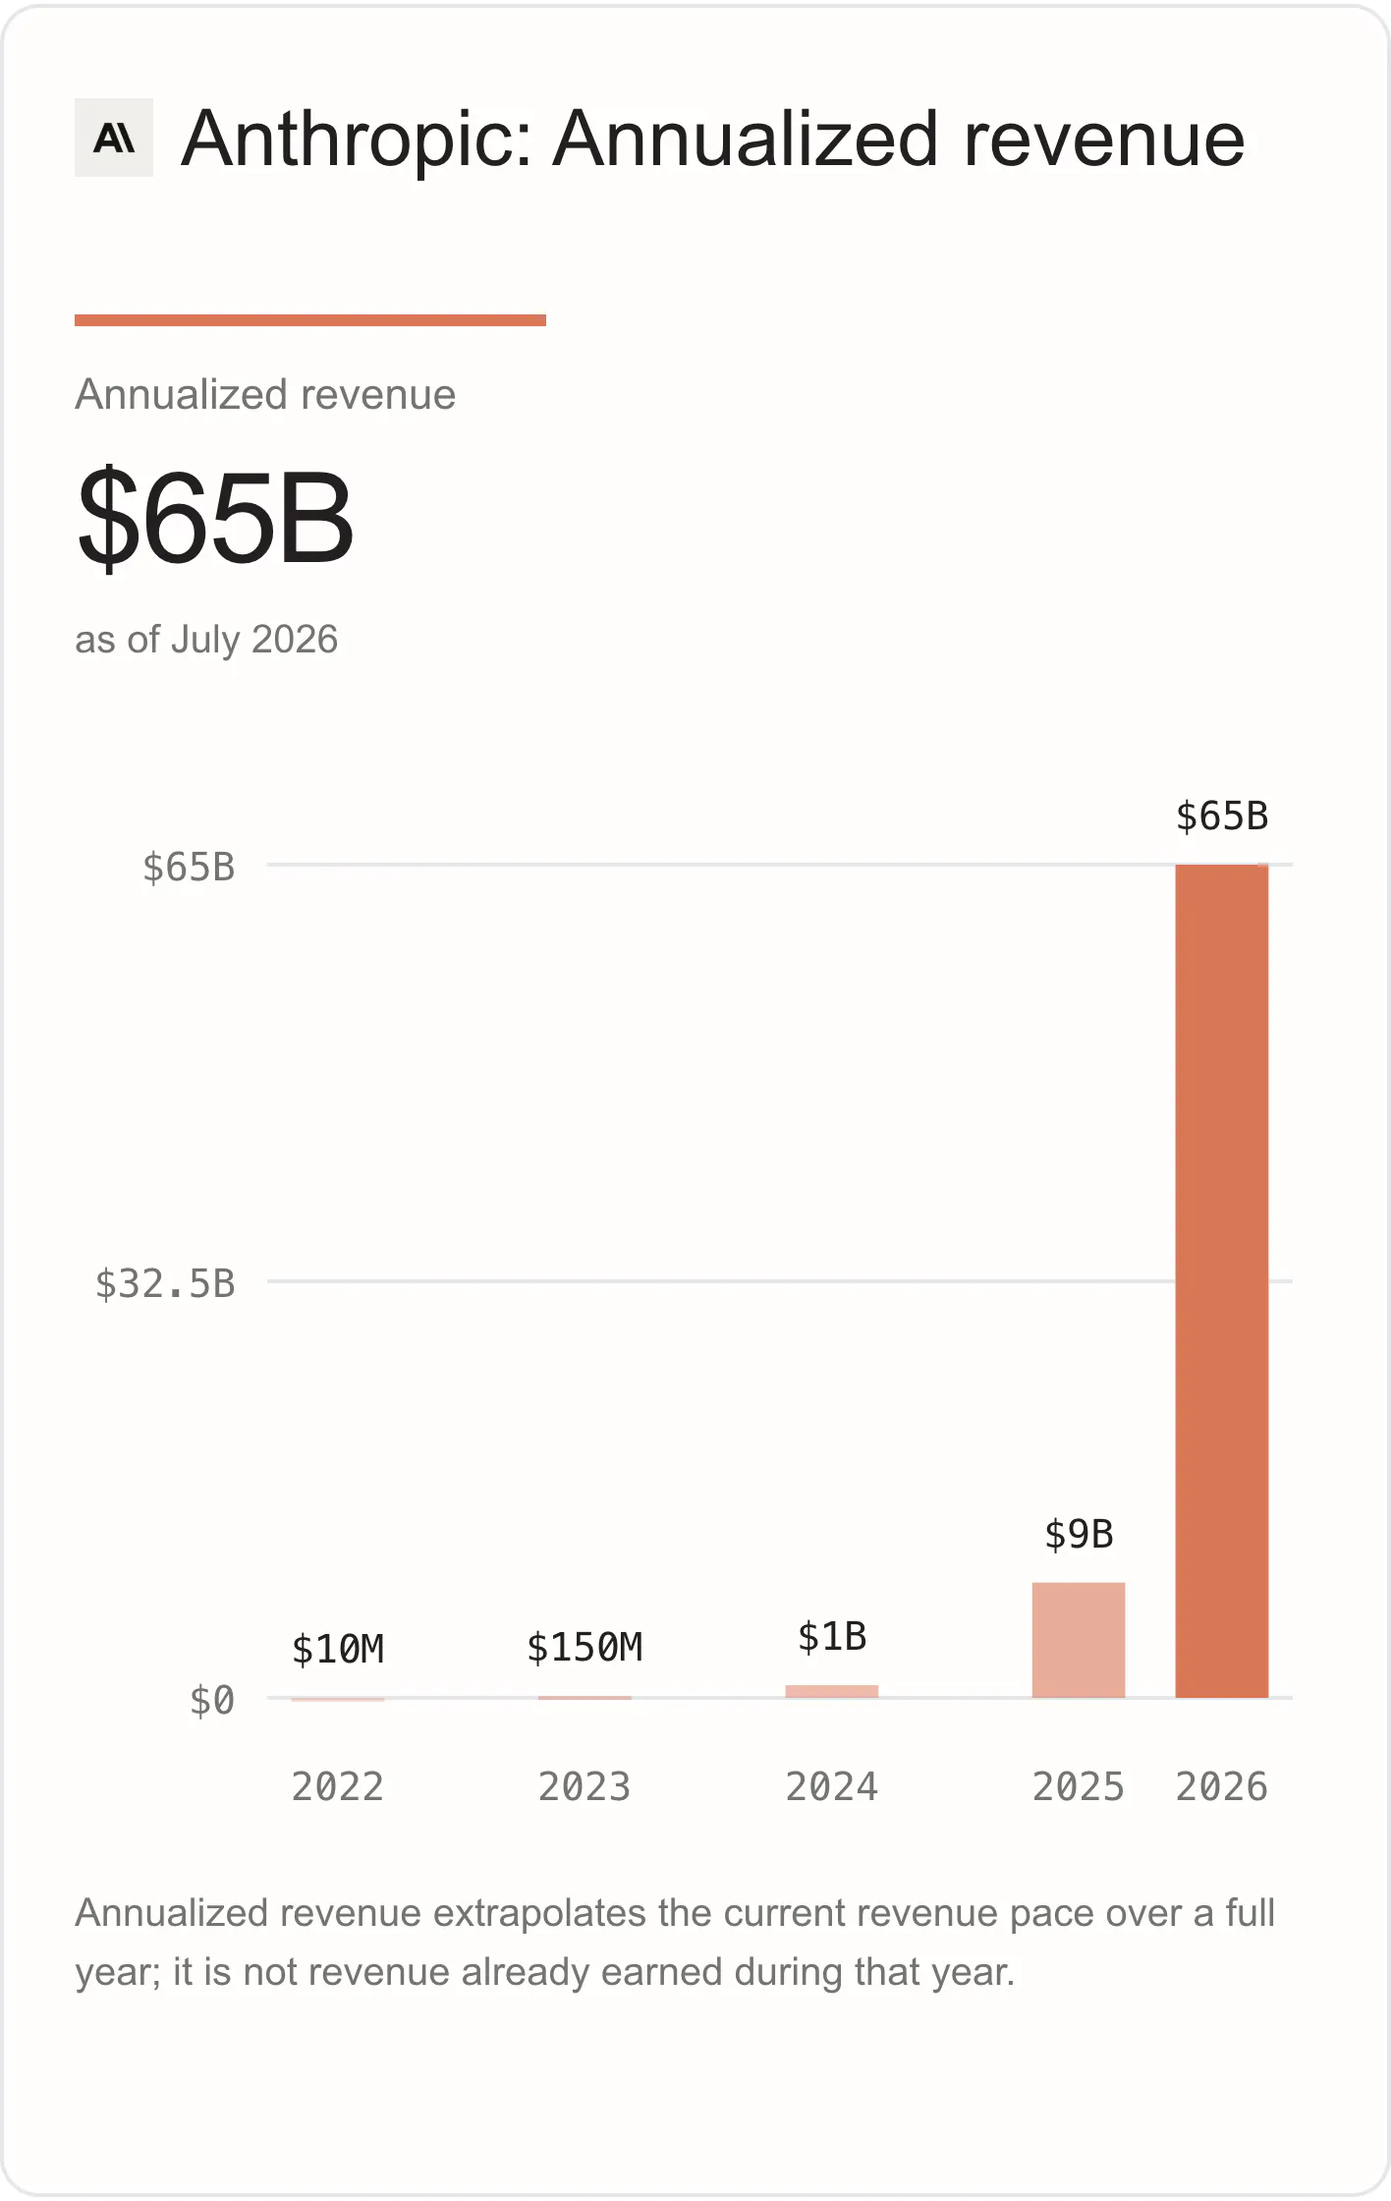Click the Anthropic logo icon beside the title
coord(114,138)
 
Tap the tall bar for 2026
coord(1222,1281)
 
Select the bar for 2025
coord(1079,1640)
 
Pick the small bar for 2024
coord(832,1691)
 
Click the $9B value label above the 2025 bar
coord(1079,1534)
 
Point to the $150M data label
coord(584,1647)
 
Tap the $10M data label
coord(338,1649)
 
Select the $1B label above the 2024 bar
coord(832,1637)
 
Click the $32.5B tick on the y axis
coord(165,1283)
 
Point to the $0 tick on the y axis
coord(212,1700)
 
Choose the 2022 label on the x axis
coord(338,1786)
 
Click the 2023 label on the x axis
coord(584,1786)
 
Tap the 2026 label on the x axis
coord(1222,1786)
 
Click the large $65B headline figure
coord(215,518)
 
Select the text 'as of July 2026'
coord(206,640)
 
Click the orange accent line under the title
coord(310,320)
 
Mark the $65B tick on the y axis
coord(189,867)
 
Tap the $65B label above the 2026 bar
coord(1222,817)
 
